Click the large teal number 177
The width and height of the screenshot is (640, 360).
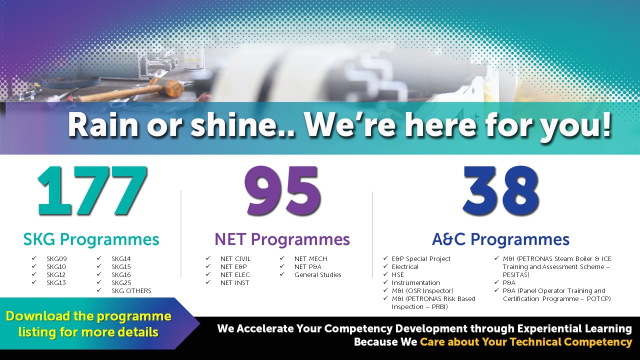pyautogui.click(x=92, y=191)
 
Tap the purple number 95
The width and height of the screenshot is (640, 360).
pyautogui.click(x=282, y=190)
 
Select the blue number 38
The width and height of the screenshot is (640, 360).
pyautogui.click(x=500, y=191)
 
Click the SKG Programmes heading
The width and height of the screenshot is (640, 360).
pyautogui.click(x=91, y=239)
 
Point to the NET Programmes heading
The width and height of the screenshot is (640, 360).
pyautogui.click(x=282, y=239)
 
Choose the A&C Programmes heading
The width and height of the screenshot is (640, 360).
pyautogui.click(x=500, y=239)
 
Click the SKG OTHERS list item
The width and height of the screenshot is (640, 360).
pyautogui.click(x=131, y=291)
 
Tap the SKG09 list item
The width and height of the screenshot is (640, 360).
pyautogui.click(x=56, y=259)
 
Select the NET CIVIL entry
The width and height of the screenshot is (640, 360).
pyautogui.click(x=235, y=259)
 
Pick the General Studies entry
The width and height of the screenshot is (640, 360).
pyautogui.click(x=317, y=275)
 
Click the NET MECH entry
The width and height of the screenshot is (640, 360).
pyautogui.click(x=310, y=259)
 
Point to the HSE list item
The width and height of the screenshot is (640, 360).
pyautogui.click(x=397, y=275)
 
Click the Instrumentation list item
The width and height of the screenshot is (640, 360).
pyautogui.click(x=415, y=283)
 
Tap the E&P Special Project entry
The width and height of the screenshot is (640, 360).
pyautogui.click(x=421, y=259)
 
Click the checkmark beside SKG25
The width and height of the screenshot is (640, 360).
pyautogui.click(x=99, y=282)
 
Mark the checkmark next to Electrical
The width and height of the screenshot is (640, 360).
pyautogui.click(x=385, y=266)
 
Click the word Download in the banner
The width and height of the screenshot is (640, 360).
pyautogui.click(x=37, y=316)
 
